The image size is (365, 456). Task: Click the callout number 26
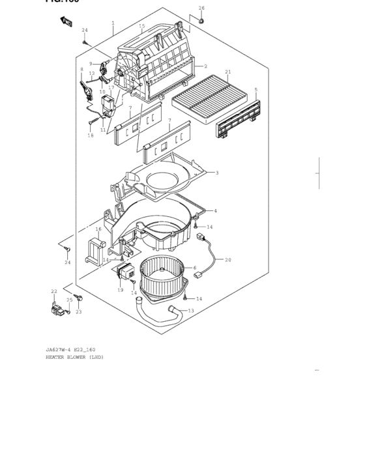(201, 8)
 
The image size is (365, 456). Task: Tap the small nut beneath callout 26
(201, 21)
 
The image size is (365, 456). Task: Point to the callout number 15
(141, 26)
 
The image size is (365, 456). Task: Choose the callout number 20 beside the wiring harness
(228, 259)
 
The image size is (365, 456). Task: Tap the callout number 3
(216, 173)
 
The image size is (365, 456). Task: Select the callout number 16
(98, 229)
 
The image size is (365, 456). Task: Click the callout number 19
(121, 289)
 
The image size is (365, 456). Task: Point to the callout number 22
(54, 291)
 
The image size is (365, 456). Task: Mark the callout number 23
(79, 312)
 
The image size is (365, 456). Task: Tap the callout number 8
(81, 69)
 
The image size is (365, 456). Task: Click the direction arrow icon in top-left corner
(66, 21)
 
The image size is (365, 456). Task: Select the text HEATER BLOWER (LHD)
(74, 358)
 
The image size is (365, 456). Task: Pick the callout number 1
(113, 22)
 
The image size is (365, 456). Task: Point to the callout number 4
(215, 211)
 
